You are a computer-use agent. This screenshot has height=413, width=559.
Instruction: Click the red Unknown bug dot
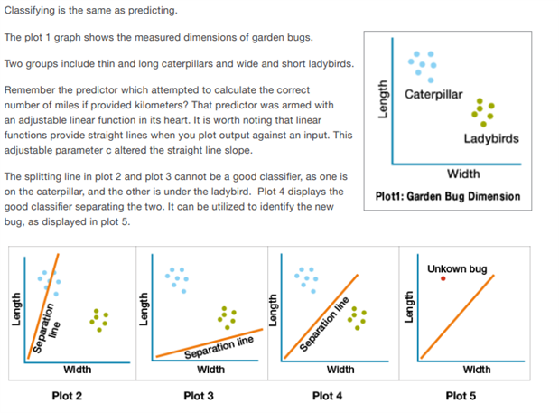coord(443,278)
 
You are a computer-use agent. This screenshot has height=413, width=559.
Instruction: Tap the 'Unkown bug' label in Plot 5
coord(457,269)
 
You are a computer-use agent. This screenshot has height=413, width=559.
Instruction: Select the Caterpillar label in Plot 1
coord(433,95)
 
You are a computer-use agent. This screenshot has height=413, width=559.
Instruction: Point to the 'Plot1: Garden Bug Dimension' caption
coord(447,196)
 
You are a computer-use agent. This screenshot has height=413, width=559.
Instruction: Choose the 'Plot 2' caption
coord(68,396)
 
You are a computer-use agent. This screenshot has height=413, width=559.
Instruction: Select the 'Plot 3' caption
coord(199,396)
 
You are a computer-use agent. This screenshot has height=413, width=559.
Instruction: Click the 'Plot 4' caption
coord(328,396)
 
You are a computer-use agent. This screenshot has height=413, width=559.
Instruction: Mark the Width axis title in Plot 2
coord(77,370)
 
